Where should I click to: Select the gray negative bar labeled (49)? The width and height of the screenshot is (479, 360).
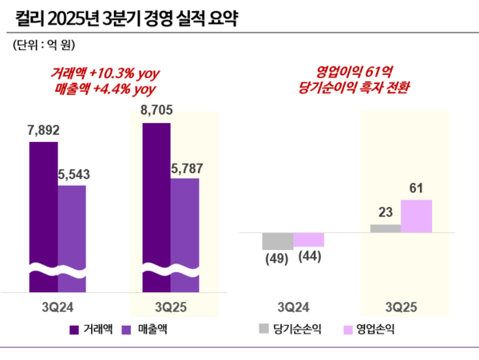coord(278,241)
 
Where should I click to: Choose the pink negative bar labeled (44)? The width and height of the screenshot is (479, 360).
coord(309,239)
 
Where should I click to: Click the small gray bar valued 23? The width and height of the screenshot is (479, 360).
coord(386,229)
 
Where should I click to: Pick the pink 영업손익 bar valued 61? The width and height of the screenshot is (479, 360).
coord(416,216)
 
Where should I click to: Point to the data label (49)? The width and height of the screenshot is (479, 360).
coord(277,259)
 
